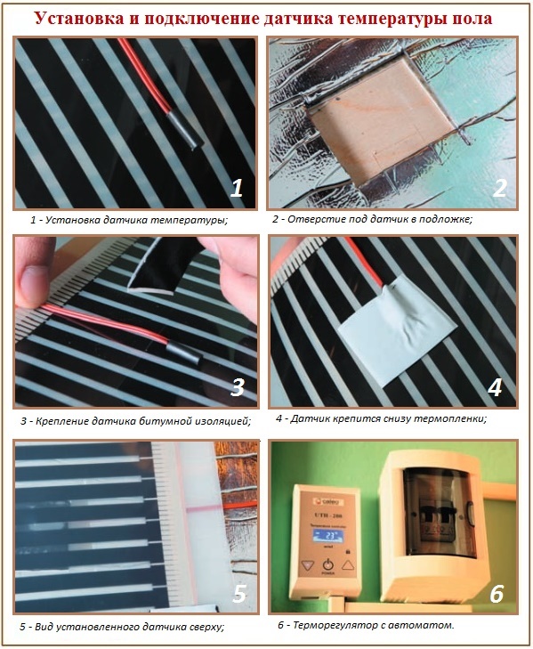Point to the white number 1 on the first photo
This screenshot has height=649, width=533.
click(x=236, y=188)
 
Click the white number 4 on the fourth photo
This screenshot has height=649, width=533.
click(x=495, y=387)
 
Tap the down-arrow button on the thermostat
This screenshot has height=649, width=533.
click(x=307, y=564)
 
